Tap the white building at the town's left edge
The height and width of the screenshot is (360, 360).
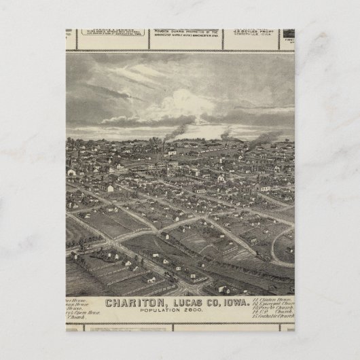(x=71, y=173)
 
